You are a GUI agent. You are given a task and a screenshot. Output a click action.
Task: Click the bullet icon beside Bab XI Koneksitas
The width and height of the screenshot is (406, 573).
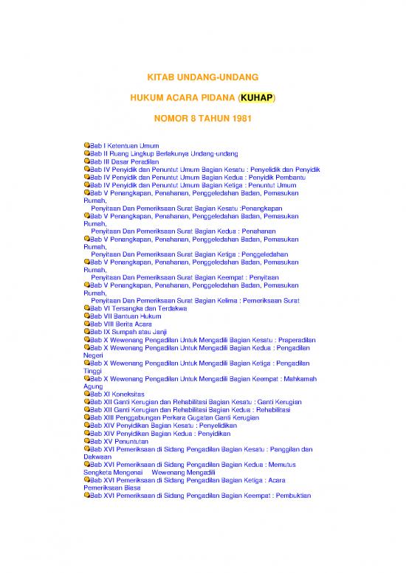pyautogui.click(x=87, y=394)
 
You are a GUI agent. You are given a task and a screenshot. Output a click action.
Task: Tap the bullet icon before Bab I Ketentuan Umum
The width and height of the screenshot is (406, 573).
pyautogui.click(x=87, y=146)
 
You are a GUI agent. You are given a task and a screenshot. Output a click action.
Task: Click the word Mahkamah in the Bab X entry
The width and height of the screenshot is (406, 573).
pyautogui.click(x=294, y=378)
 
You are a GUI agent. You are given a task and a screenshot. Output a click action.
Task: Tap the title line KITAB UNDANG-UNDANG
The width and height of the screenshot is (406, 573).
pyautogui.click(x=202, y=77)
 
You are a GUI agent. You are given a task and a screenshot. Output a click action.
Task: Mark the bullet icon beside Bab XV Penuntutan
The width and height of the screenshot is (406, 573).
pyautogui.click(x=87, y=440)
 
